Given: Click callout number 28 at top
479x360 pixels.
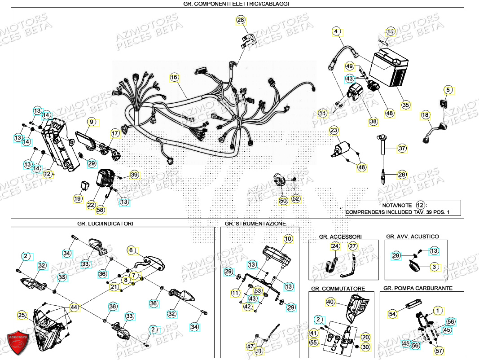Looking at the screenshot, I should (x=241, y=20).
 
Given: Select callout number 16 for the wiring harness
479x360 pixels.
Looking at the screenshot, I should (x=175, y=78).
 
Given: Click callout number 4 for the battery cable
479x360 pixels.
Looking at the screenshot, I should (x=335, y=31).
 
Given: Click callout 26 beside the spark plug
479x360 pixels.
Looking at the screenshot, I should (x=402, y=174).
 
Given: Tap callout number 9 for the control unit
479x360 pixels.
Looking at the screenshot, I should (x=91, y=122).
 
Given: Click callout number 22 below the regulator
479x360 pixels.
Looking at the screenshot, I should (x=91, y=205).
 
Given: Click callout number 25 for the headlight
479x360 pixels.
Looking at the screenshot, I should (x=21, y=316).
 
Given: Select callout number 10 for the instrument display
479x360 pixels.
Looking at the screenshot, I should (x=288, y=239).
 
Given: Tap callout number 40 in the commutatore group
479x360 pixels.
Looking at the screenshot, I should (x=330, y=303).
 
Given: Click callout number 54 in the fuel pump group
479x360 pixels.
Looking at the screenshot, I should (x=392, y=314).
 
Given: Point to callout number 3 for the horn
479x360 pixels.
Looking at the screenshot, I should (x=434, y=267).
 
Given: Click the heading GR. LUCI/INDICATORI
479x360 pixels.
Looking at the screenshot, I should (x=105, y=223).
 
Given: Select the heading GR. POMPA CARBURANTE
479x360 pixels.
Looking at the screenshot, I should (x=418, y=288).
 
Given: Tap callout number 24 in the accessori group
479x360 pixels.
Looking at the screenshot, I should (x=335, y=246).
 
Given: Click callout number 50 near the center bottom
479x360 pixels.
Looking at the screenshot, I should (x=283, y=201).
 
